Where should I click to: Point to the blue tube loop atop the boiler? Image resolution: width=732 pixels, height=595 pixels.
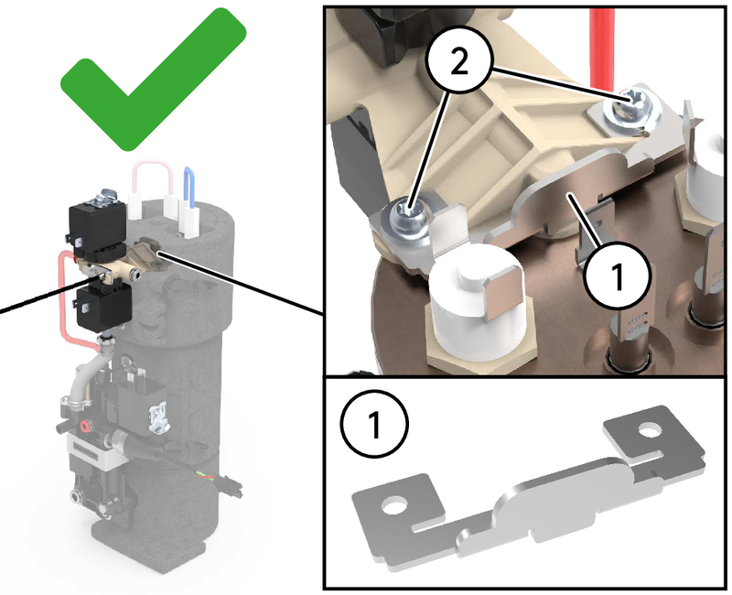click(189, 188)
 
